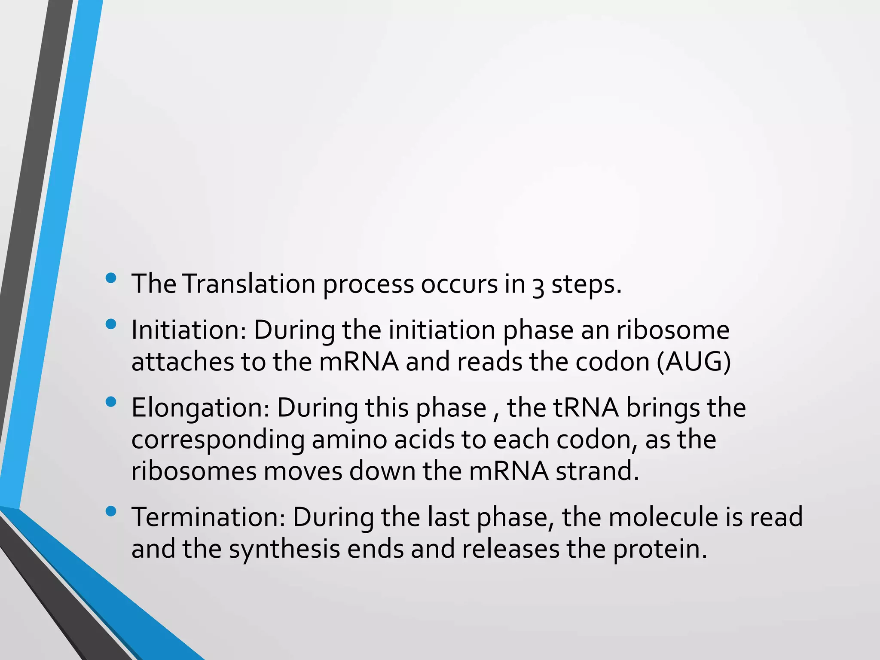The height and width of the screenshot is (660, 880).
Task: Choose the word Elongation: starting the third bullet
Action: [x=200, y=408]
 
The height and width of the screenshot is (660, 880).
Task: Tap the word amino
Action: [x=349, y=440]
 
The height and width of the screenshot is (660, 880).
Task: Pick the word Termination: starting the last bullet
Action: [x=208, y=517]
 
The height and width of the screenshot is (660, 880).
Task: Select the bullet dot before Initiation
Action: [x=111, y=324]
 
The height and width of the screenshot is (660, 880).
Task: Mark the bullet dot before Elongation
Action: [x=111, y=402]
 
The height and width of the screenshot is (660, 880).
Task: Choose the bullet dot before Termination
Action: [x=111, y=511]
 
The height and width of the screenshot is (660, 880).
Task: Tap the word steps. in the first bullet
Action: [x=587, y=285]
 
